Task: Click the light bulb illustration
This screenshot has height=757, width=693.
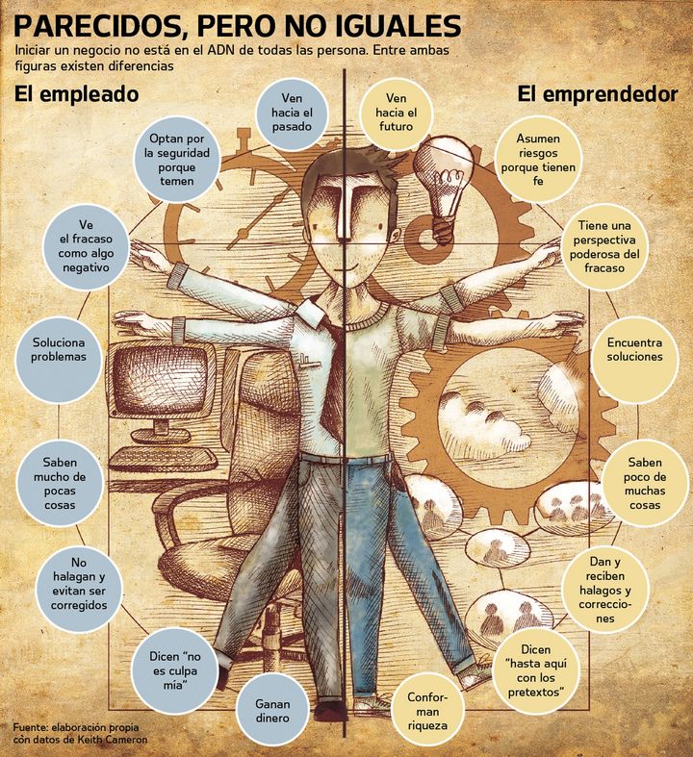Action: point(444,188)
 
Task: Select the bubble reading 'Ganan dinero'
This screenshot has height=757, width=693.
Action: point(271,711)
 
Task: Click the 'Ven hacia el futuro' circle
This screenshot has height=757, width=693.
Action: point(396,113)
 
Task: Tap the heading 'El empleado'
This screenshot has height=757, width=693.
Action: point(76,93)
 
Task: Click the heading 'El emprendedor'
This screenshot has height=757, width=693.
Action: point(598,93)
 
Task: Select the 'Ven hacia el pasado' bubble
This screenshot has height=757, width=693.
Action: point(292,113)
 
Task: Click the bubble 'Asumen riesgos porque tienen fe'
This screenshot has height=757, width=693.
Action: point(538,160)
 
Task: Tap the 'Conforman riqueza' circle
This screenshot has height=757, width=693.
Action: point(427,711)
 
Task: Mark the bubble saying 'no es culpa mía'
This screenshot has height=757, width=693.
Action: point(174,671)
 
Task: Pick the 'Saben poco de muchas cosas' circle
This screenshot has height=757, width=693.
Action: point(645,483)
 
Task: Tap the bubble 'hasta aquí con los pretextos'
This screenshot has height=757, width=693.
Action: point(536,671)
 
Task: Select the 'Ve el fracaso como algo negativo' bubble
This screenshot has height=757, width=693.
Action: point(86,245)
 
